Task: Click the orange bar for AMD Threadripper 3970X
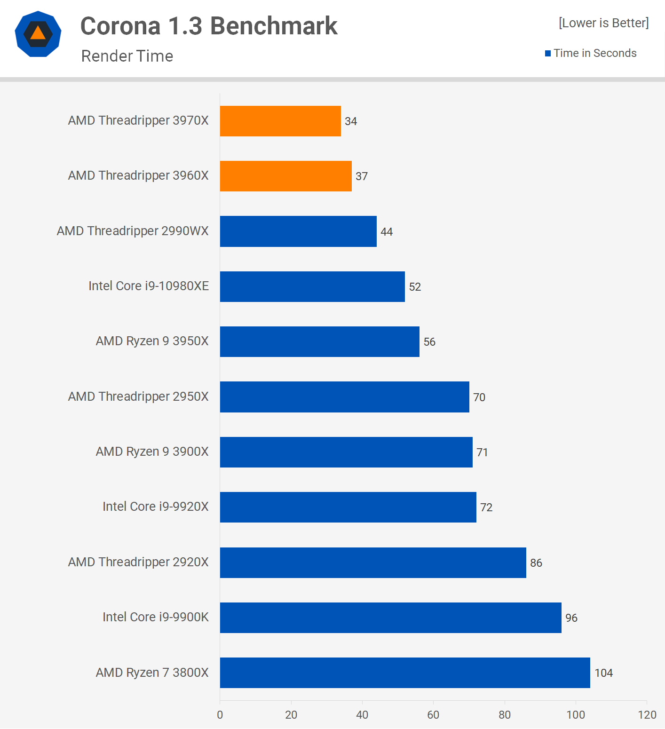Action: [x=280, y=121]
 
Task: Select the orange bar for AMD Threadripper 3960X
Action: [x=285, y=176]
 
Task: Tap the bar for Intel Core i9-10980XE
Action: [x=312, y=286]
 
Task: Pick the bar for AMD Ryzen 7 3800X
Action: [x=405, y=673]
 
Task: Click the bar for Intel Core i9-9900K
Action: [x=390, y=618]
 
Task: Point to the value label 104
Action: [x=603, y=673]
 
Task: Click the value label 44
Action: [x=387, y=231]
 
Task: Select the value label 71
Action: [x=482, y=452]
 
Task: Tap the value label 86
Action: [x=536, y=563]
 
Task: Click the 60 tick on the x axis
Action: [x=433, y=715]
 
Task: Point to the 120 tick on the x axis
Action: [x=647, y=715]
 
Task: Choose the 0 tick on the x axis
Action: [x=220, y=715]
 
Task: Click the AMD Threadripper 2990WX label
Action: [x=133, y=231]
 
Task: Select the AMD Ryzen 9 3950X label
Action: [x=152, y=341]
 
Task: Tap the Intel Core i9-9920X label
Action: [x=155, y=507]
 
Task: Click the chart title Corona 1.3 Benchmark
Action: [x=209, y=26]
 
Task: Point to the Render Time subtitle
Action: [x=127, y=56]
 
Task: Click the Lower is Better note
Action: [x=603, y=23]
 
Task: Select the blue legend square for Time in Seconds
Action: [x=548, y=53]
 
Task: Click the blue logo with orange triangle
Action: [x=38, y=34]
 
